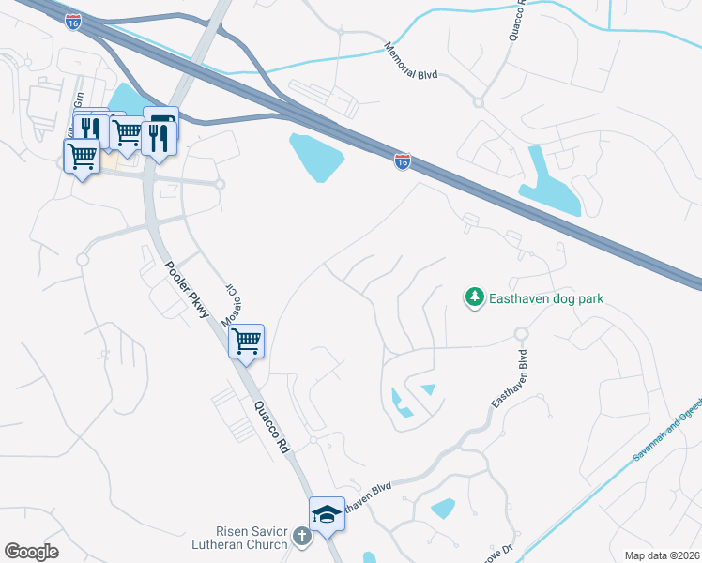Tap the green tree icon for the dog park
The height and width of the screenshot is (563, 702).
(x=475, y=298)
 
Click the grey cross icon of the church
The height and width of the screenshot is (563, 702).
(x=300, y=537)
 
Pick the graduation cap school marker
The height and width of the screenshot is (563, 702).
(x=327, y=514)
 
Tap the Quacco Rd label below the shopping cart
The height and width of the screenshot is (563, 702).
(x=270, y=427)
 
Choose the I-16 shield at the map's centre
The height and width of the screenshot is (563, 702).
(x=402, y=162)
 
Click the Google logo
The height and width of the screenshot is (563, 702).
(x=32, y=552)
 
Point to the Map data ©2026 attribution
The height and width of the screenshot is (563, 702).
(x=662, y=555)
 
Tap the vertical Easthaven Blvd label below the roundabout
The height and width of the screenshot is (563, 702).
(x=508, y=378)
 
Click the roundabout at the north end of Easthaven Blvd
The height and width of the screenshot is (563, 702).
(x=521, y=334)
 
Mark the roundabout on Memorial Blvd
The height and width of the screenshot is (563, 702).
(x=478, y=102)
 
